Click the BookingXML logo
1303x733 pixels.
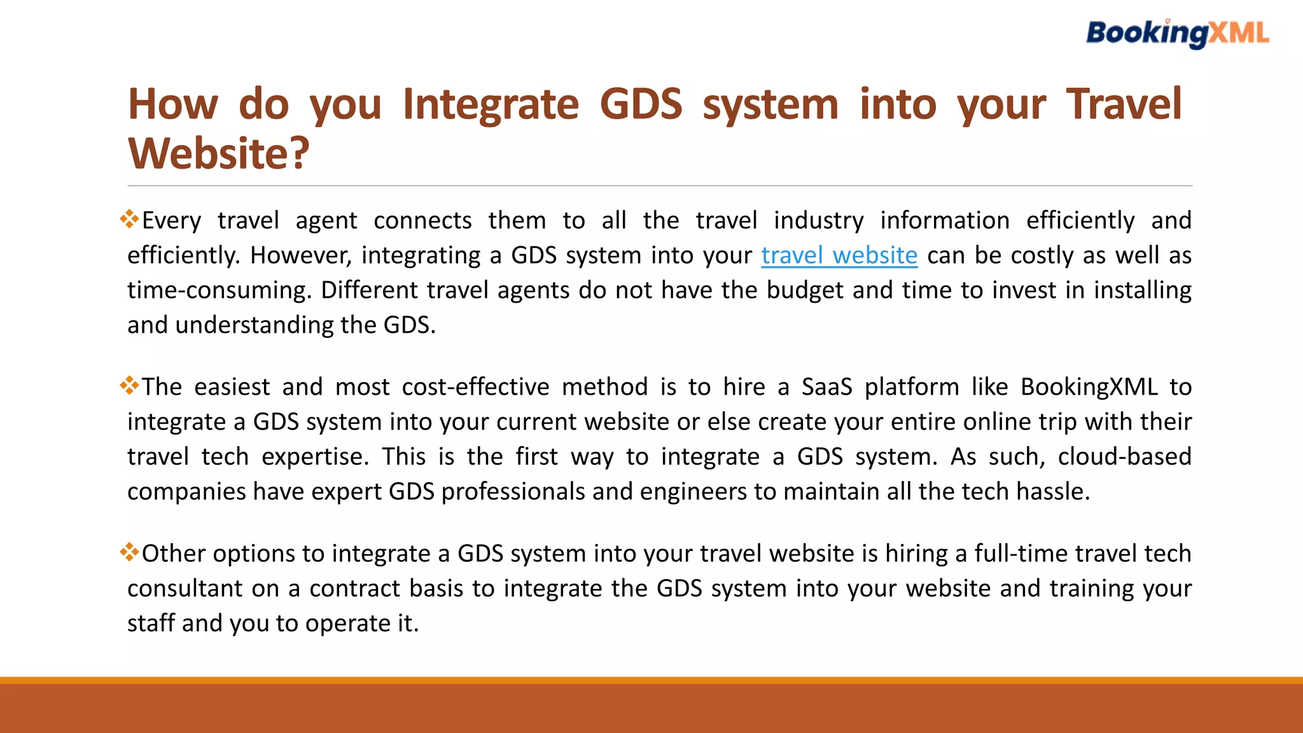pos(1177,33)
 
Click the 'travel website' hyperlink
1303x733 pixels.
pos(839,256)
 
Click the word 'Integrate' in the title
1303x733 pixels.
pos(491,104)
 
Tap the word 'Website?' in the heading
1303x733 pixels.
pos(219,154)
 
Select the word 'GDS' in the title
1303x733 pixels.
pos(641,104)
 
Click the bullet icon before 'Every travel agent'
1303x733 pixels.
pos(129,219)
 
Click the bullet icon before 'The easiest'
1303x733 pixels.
pos(129,386)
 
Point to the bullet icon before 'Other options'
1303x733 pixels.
pos(129,552)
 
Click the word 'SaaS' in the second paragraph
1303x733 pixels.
pos(826,387)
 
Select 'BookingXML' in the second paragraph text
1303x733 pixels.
pos(1089,387)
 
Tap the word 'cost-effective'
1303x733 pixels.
pos(475,387)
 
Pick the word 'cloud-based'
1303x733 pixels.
pos(1124,457)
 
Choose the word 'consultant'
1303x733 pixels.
pos(185,589)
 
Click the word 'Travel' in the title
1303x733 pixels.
pos(1124,104)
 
